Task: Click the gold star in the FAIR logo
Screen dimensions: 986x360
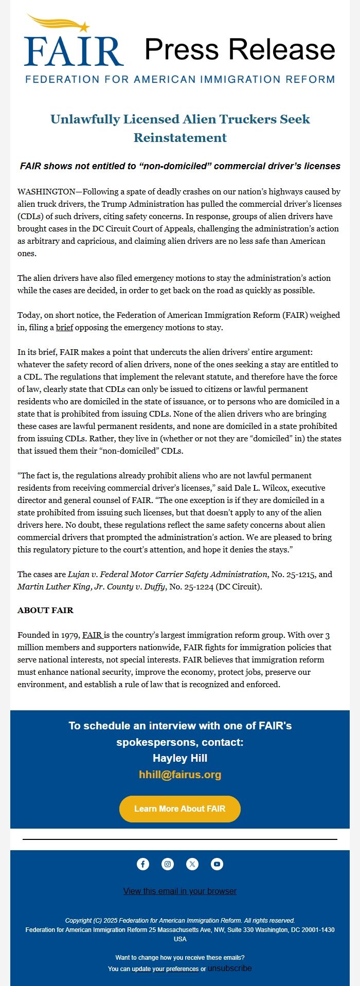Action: (x=84, y=27)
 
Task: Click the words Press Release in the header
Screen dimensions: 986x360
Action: (x=240, y=49)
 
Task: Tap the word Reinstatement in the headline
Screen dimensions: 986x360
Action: (x=180, y=138)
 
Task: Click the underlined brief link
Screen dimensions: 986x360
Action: (x=64, y=328)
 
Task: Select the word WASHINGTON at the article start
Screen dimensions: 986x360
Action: (x=46, y=192)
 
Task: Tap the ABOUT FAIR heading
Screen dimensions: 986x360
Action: (x=45, y=611)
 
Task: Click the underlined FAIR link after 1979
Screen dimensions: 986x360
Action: (x=93, y=635)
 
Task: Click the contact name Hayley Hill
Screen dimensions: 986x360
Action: (x=180, y=758)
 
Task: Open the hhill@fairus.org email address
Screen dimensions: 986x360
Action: (x=180, y=775)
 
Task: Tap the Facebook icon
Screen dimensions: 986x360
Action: (x=143, y=864)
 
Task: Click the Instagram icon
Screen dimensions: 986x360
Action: (x=168, y=864)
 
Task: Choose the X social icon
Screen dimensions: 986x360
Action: (x=192, y=864)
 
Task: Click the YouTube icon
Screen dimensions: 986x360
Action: (x=217, y=864)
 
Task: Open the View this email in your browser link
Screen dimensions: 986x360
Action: (x=180, y=891)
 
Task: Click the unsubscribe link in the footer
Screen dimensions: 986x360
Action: (x=230, y=969)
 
